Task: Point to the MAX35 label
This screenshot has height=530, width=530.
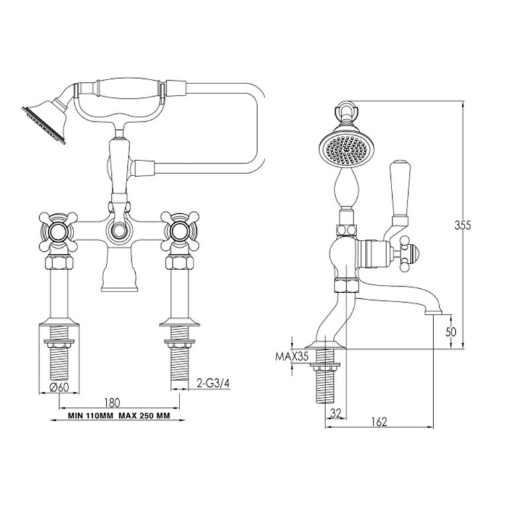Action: (x=292, y=356)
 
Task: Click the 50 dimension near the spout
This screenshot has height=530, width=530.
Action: (x=451, y=332)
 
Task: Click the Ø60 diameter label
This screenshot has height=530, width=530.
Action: (x=60, y=388)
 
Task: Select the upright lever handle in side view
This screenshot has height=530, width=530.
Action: (x=401, y=192)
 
